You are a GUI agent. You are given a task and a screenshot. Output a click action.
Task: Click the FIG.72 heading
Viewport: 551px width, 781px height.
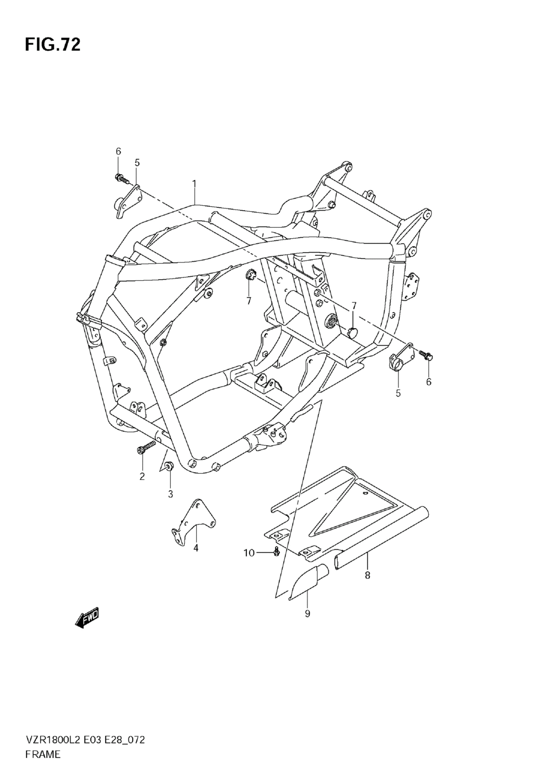[52, 45]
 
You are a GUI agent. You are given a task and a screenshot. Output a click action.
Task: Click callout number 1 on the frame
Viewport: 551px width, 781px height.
[194, 182]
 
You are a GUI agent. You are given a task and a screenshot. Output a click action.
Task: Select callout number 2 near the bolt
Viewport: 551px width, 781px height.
[142, 477]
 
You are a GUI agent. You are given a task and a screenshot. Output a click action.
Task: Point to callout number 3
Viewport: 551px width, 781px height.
[170, 494]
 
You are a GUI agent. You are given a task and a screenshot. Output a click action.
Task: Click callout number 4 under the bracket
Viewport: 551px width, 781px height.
[196, 548]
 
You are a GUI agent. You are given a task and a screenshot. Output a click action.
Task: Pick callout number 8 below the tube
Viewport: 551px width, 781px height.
[368, 576]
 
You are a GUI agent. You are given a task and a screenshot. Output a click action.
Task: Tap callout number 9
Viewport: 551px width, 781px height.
[307, 613]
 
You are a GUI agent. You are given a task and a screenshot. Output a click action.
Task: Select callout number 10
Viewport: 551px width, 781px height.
[249, 553]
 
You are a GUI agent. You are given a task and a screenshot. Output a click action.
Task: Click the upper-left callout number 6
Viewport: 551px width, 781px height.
[118, 151]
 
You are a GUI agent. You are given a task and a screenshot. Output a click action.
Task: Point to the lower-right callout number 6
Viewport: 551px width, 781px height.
[429, 381]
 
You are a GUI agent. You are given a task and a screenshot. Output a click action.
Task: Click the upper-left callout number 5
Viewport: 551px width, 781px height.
[137, 162]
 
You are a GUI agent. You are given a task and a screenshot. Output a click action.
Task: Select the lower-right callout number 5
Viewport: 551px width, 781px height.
[398, 393]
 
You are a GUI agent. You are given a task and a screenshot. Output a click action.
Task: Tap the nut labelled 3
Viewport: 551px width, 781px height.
[170, 467]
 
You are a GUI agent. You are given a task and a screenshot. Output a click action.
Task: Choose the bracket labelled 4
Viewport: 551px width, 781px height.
[191, 521]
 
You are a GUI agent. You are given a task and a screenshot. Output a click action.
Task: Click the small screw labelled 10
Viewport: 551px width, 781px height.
[277, 552]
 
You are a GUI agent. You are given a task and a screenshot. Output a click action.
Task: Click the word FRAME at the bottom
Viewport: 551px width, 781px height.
[42, 755]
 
